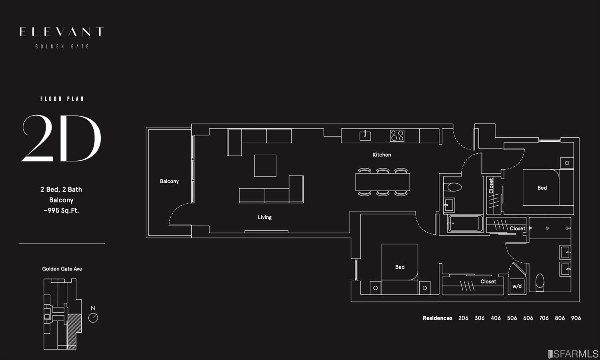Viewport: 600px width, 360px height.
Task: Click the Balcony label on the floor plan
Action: (x=169, y=181)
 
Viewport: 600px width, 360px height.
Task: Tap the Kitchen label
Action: (x=382, y=155)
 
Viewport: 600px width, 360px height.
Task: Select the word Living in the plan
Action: (x=264, y=217)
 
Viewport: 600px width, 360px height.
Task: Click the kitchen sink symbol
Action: (x=365, y=136)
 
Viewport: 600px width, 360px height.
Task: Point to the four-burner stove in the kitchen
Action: (x=397, y=136)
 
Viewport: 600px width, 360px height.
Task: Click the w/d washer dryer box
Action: (x=517, y=286)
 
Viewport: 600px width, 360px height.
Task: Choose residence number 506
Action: (x=512, y=318)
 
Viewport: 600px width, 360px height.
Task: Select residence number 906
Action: (x=576, y=318)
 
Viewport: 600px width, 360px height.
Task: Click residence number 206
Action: (x=463, y=318)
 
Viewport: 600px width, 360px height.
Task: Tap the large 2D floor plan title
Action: (x=61, y=138)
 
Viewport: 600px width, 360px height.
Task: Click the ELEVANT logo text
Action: (x=62, y=32)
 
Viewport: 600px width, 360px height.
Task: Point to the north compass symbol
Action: (x=93, y=318)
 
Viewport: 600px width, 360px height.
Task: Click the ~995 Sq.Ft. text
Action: (x=61, y=210)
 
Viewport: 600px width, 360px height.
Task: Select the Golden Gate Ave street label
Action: (x=62, y=269)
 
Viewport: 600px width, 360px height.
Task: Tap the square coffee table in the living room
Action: (x=265, y=166)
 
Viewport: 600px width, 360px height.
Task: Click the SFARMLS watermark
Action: (x=573, y=354)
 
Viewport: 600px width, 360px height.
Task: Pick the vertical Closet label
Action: (x=491, y=186)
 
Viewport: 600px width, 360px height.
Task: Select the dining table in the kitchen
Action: (x=382, y=182)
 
